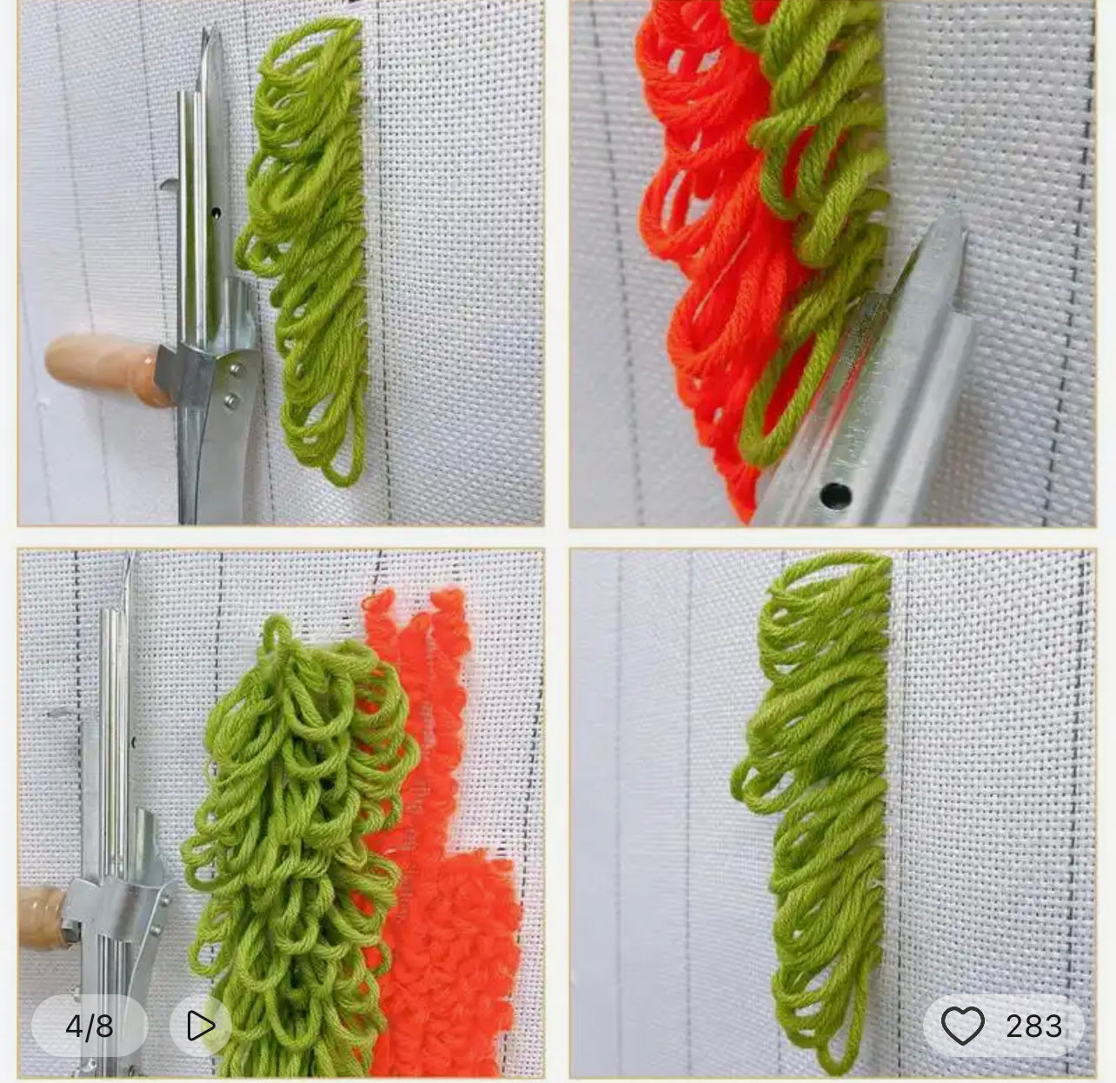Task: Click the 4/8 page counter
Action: tap(89, 1027)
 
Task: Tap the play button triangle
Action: tap(201, 1026)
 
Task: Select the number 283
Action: tap(1033, 1026)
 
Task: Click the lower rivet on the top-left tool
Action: tap(232, 400)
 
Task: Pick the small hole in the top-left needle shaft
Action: tap(216, 213)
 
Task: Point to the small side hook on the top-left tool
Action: tap(169, 185)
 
